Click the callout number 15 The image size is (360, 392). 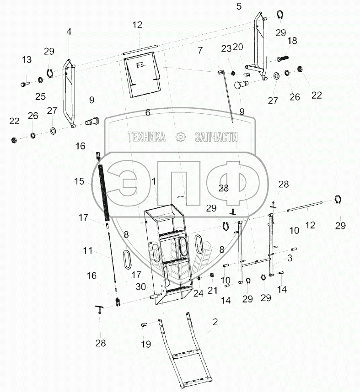point(79,181)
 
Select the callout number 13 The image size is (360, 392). point(27,59)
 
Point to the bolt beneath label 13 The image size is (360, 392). point(25,84)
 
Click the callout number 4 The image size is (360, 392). point(69,32)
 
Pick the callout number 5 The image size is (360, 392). point(239,6)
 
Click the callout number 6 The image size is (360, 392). point(147,113)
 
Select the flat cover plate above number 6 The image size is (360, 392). point(141,75)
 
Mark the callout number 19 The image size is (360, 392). point(145,344)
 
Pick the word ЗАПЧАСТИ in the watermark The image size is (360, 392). point(216,137)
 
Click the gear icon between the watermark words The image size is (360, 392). point(181,137)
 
